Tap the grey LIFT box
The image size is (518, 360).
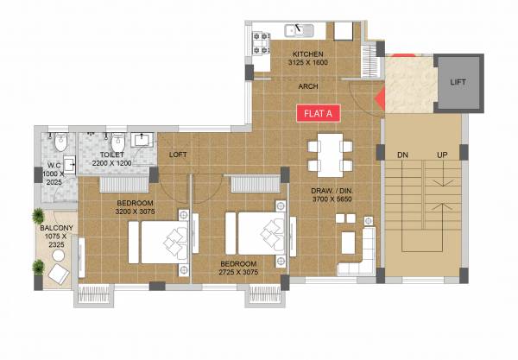coord(457,82)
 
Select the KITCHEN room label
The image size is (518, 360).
coord(307,54)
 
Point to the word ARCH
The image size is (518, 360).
coord(308,86)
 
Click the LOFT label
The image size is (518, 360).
coord(178,155)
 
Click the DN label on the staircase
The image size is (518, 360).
coord(402,155)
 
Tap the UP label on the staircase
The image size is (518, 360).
coord(443,155)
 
